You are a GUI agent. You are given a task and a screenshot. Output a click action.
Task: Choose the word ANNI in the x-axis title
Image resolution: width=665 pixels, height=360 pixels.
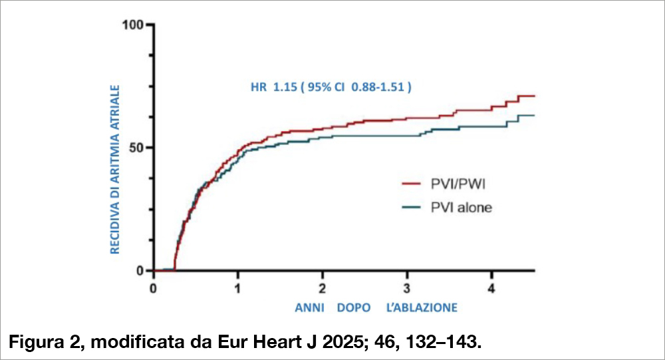pyautogui.click(x=310, y=307)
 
